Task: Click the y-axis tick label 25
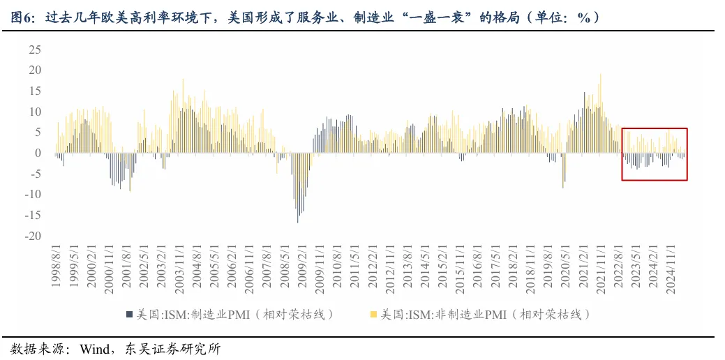34,50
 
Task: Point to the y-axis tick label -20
32,236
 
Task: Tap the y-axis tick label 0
38,153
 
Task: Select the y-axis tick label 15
34,91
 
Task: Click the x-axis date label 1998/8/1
56,264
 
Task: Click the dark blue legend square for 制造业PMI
129,314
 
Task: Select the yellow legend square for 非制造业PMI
375,314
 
